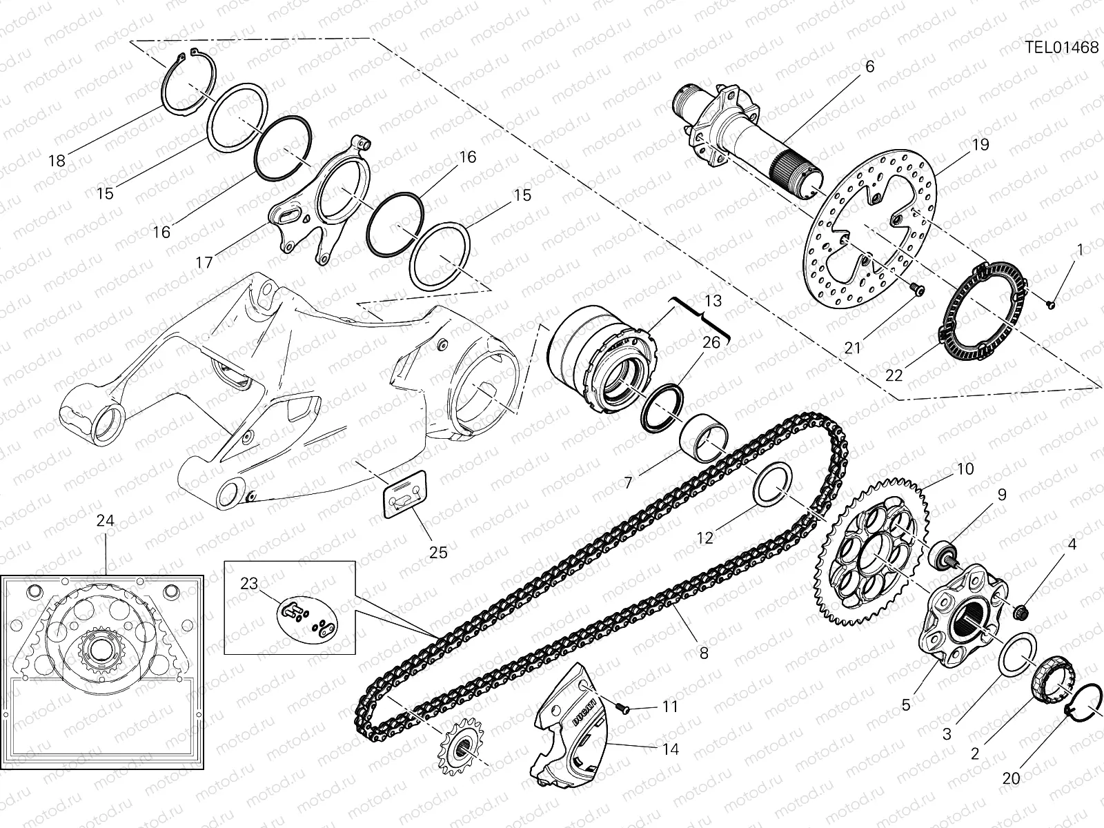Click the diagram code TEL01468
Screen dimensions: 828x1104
[1061, 47]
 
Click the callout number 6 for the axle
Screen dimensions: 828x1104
[869, 66]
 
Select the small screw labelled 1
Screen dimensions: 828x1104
[1050, 302]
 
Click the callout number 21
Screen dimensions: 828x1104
[853, 348]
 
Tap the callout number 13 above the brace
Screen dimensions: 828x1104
[713, 301]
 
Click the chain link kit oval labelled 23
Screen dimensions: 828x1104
[309, 613]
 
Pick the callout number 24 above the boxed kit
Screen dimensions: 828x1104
[105, 521]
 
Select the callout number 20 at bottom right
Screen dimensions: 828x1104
[1011, 778]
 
